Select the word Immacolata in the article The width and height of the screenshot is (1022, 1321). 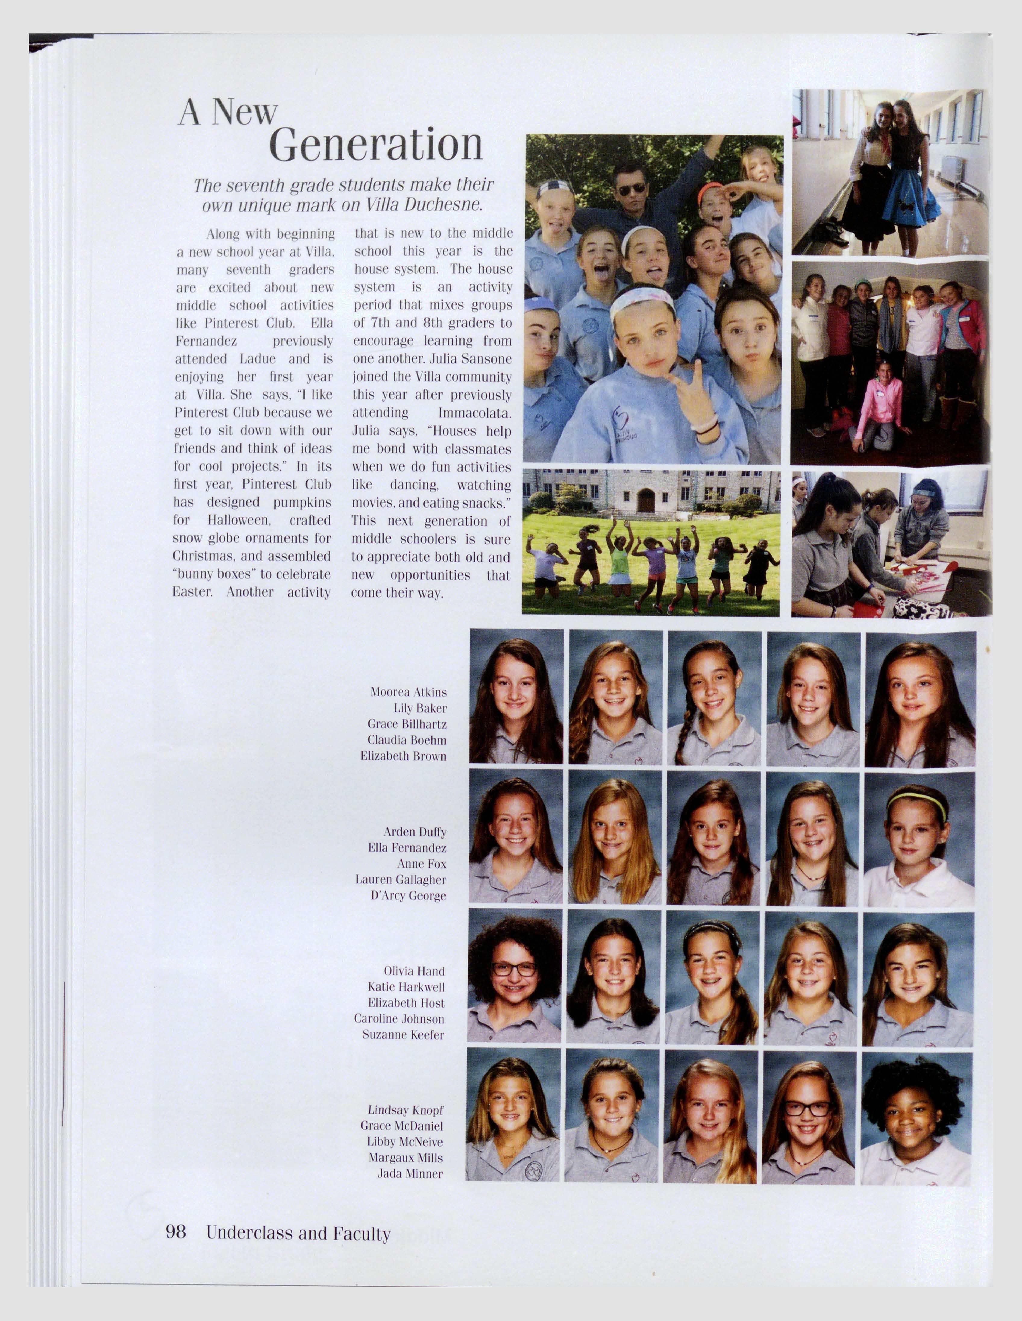click(475, 413)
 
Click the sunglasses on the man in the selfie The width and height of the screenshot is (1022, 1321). click(632, 189)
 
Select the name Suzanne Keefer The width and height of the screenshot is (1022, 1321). click(403, 1035)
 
